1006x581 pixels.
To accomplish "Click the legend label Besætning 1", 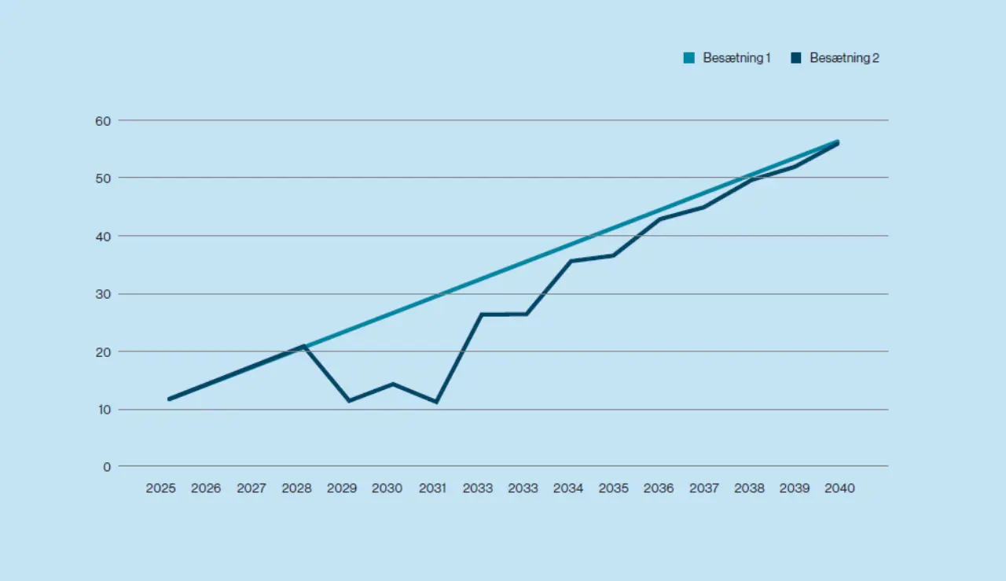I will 736,58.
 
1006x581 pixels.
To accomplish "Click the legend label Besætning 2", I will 844,58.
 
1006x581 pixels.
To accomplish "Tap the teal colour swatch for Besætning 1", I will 688,58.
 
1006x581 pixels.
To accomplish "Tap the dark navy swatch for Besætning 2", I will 796,58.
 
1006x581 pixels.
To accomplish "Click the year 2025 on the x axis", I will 161,488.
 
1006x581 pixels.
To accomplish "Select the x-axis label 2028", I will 296,488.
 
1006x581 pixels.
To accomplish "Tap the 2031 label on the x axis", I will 432,488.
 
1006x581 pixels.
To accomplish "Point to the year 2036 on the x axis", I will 659,488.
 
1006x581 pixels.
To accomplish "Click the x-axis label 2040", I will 839,488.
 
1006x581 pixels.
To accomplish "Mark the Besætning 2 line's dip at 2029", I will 348,401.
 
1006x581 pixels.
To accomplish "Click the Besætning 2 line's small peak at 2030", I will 393,384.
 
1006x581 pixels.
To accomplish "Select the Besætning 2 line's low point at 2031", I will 436,402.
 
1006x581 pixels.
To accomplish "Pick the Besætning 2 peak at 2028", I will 303,346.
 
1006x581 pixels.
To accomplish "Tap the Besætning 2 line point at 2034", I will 571,261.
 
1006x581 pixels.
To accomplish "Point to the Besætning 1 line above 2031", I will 436,296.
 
